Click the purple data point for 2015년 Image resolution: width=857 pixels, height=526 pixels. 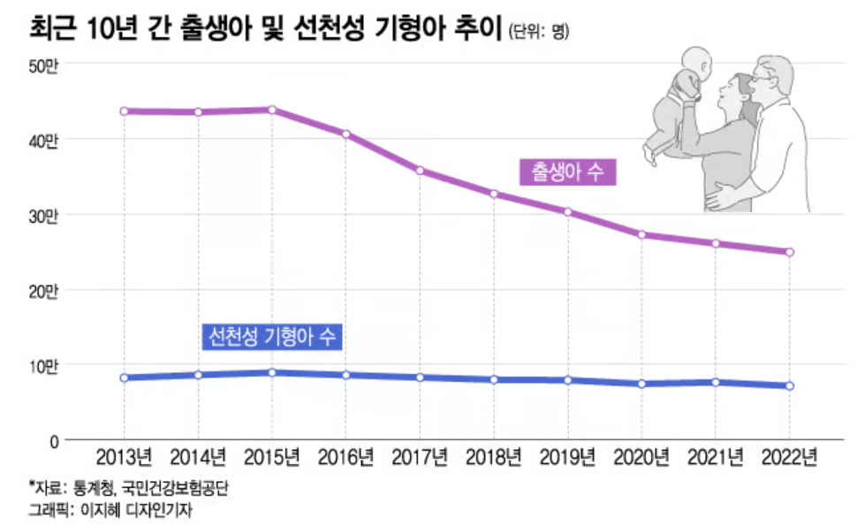point(272,110)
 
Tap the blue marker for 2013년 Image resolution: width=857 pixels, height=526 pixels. point(124,377)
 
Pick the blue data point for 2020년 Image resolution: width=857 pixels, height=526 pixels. point(642,384)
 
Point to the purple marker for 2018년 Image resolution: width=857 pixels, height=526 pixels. point(494,194)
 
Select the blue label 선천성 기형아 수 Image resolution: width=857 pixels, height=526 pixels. point(271,336)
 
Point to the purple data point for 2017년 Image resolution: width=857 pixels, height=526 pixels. point(421,171)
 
